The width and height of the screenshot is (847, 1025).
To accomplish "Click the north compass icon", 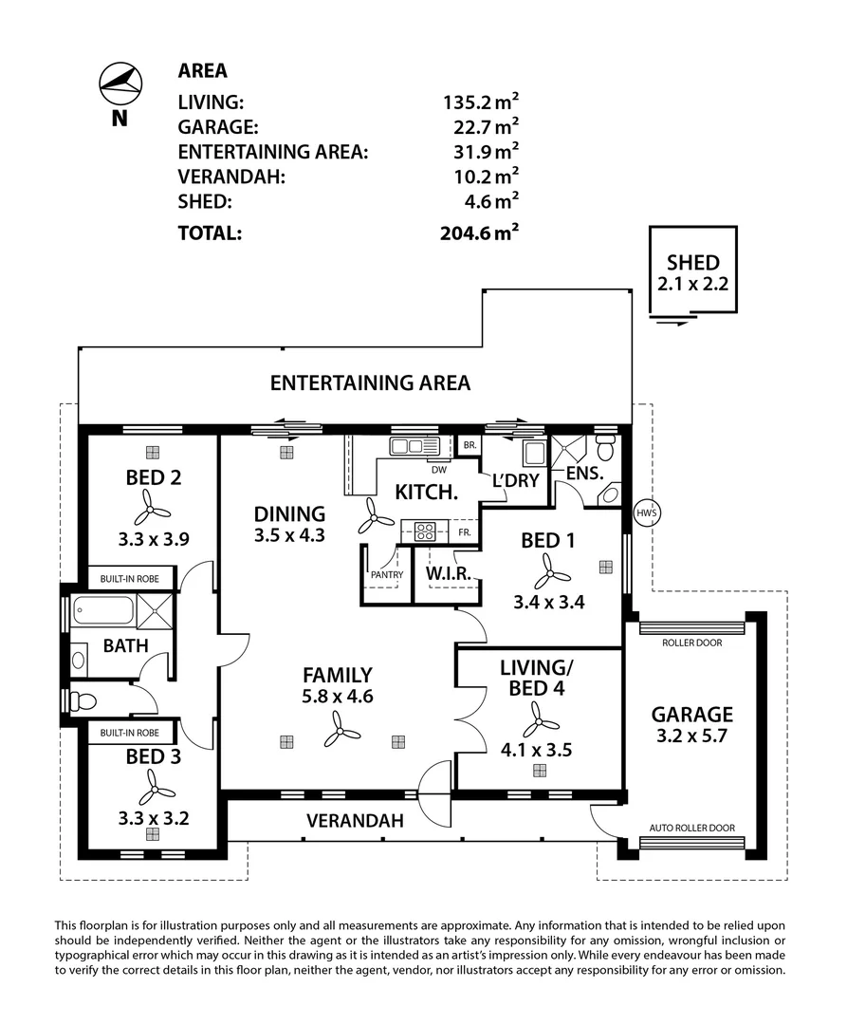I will tap(120, 84).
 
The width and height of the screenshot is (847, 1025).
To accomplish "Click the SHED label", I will tap(692, 263).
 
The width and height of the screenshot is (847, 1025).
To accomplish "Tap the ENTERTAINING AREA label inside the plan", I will tap(370, 383).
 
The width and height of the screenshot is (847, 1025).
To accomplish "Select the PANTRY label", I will tap(387, 574).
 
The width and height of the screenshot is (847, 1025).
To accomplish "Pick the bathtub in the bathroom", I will tap(102, 610).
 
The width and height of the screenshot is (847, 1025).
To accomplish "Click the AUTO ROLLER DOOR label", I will tap(691, 828).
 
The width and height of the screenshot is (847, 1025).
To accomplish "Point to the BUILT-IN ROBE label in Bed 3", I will tap(131, 733).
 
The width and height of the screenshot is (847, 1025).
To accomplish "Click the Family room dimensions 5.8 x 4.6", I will tap(337, 696).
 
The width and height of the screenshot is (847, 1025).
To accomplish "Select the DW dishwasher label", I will tap(438, 469).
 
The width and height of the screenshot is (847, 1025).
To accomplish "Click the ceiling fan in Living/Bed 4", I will tap(540, 720).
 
